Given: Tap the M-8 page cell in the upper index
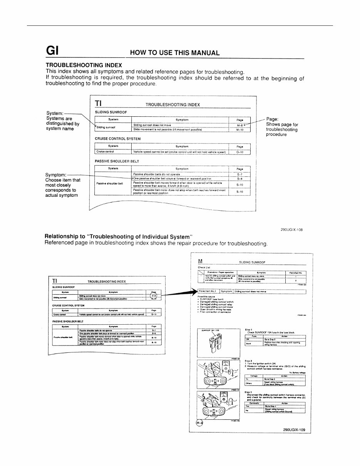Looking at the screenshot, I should [x=239, y=125].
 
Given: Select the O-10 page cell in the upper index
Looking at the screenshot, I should [x=239, y=152].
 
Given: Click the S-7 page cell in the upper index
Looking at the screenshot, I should [x=239, y=174].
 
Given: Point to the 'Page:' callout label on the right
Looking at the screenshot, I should [x=273, y=119].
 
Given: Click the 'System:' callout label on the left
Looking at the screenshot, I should [x=55, y=113].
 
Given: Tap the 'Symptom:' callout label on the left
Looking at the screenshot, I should [x=56, y=174].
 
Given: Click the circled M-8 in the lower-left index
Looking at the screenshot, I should [x=154, y=295].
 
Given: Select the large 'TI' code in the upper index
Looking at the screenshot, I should [x=98, y=103].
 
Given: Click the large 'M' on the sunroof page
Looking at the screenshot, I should [x=200, y=260].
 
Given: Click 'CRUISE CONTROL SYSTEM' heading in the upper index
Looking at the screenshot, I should [x=112, y=138].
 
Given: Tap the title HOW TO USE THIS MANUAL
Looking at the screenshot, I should [x=175, y=53].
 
